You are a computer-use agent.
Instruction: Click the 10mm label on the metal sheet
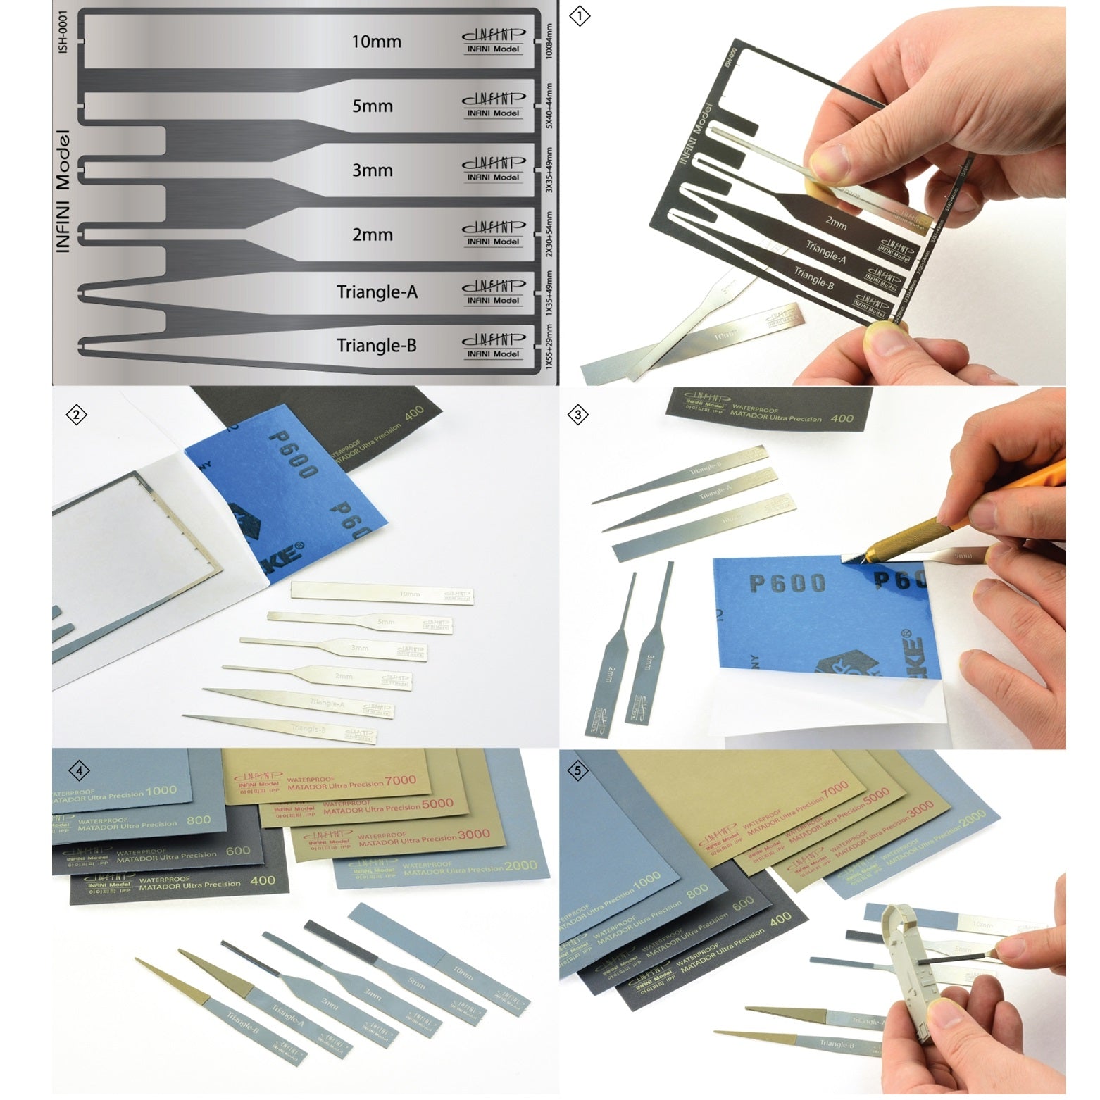pos(376,42)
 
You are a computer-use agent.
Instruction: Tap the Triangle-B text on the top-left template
pos(376,346)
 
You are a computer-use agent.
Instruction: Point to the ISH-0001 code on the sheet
pos(63,32)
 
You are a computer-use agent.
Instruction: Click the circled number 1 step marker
pos(579,16)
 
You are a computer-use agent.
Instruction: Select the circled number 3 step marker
pos(578,415)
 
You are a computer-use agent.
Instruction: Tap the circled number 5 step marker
pos(578,771)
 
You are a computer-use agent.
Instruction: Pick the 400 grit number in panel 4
pos(263,880)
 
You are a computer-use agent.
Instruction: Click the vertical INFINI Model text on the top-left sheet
pos(63,192)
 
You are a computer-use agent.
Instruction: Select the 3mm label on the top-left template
pos(372,170)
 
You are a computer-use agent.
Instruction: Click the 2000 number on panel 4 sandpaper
pos(520,865)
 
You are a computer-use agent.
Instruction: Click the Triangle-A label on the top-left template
pos(377,292)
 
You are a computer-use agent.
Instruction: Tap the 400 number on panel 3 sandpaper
pos(842,418)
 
